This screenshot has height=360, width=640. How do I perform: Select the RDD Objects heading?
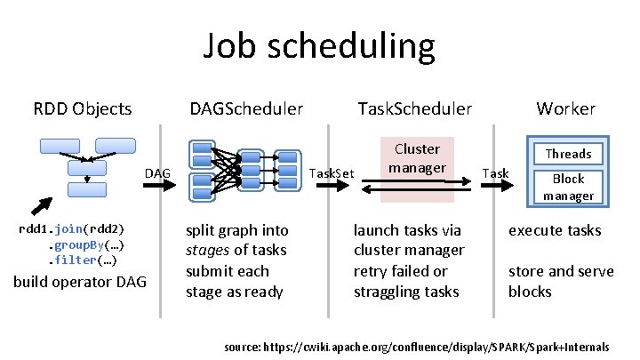pyautogui.click(x=83, y=109)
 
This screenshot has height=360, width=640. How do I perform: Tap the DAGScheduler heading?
pyautogui.click(x=246, y=109)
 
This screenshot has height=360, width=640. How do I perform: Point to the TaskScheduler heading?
pyautogui.click(x=414, y=109)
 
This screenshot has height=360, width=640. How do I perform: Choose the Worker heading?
pyautogui.click(x=565, y=109)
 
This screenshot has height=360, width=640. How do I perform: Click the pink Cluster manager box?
pyautogui.click(x=417, y=157)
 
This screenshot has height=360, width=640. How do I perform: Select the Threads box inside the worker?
pyautogui.click(x=567, y=154)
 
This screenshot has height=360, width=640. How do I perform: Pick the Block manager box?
pyautogui.click(x=567, y=187)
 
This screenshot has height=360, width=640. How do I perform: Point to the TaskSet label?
pyautogui.click(x=331, y=172)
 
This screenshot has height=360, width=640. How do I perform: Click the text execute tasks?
pyautogui.click(x=555, y=230)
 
